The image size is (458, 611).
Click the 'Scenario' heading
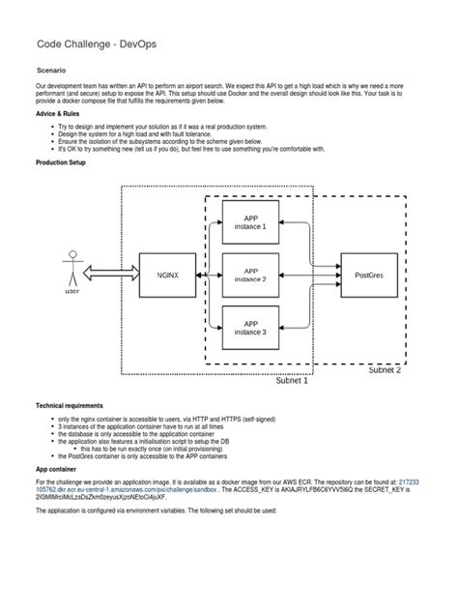[51, 71]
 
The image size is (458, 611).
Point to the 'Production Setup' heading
[61, 162]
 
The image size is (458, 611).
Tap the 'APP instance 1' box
[250, 221]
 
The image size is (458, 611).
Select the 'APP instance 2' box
[250, 275]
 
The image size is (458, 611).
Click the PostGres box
[368, 274]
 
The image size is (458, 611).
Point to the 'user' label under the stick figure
[72, 290]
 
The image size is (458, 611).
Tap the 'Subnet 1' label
[292, 380]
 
